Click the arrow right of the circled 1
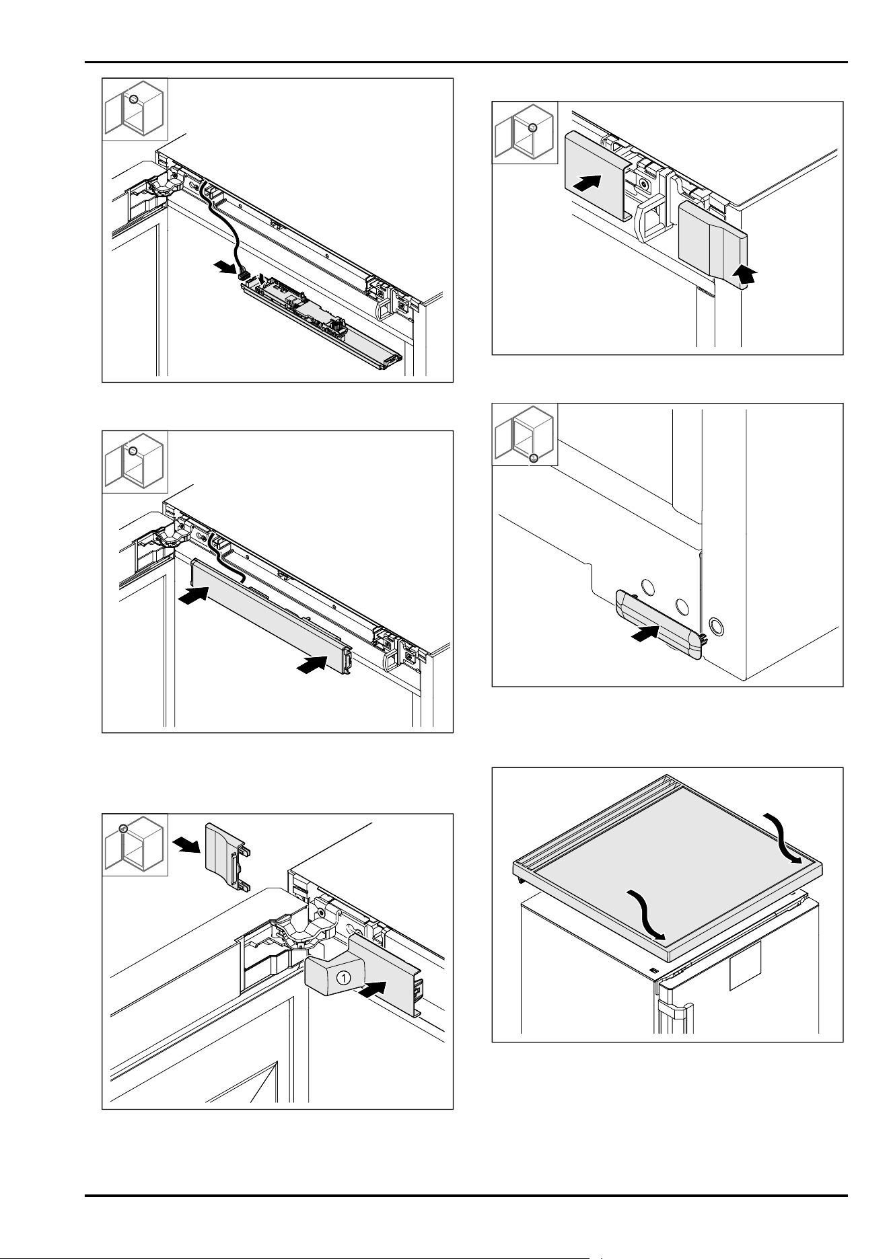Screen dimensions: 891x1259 [x=373, y=989]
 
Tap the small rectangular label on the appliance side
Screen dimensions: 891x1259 [x=745, y=966]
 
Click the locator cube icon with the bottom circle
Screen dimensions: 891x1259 [x=525, y=434]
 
